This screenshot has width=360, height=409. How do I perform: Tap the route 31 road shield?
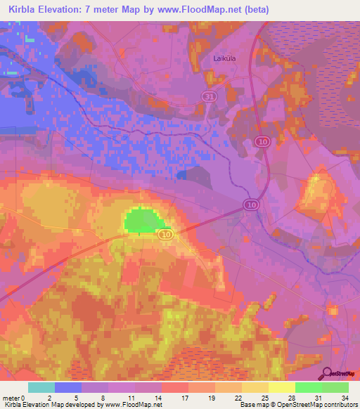point(207,96)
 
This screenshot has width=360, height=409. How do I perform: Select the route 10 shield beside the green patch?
point(165,233)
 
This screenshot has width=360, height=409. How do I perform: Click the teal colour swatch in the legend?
point(41,387)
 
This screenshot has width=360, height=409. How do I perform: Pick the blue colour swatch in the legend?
point(67,387)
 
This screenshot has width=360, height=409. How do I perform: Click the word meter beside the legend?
point(11,398)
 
